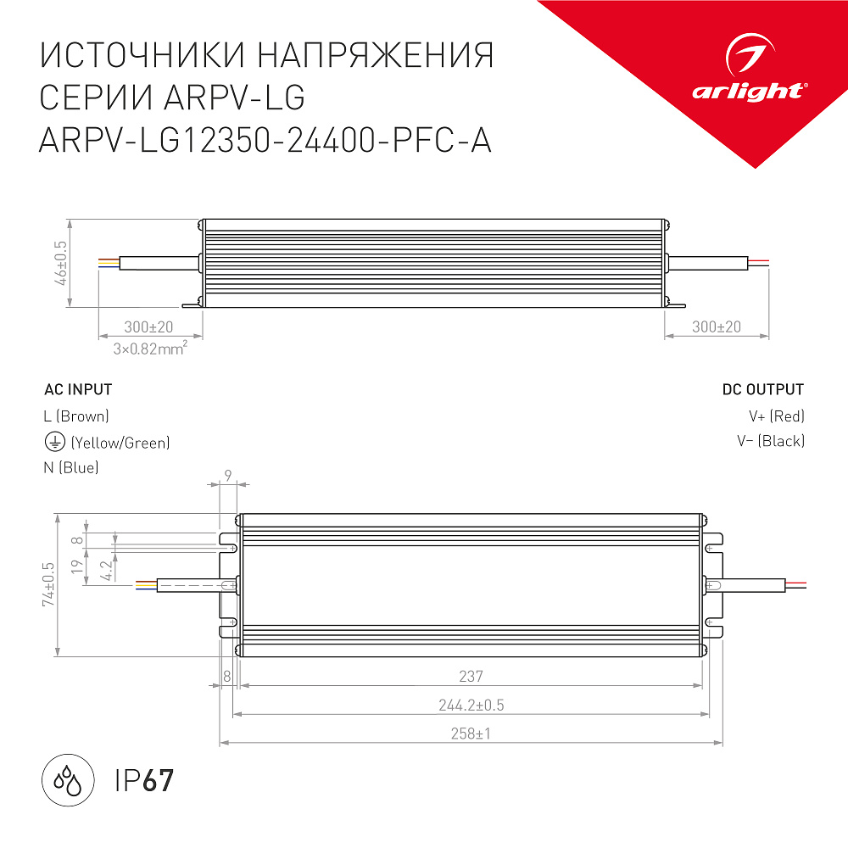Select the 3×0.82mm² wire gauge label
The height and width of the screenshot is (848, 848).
pos(150,349)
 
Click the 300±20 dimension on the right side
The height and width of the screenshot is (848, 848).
pos(717,327)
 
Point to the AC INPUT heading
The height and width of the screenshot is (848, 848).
pos(78,390)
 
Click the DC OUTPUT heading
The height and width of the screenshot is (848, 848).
pos(763,390)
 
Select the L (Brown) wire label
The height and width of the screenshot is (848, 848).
pos(76,416)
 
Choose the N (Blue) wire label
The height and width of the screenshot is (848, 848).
pos(71,467)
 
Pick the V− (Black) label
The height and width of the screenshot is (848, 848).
pos(771,441)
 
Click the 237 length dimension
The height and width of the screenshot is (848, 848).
pos(471,677)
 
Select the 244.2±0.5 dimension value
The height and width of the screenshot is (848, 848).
pos(471,706)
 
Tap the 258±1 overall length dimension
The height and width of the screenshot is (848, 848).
pos(471,734)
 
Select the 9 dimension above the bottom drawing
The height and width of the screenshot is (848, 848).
pos(228,476)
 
